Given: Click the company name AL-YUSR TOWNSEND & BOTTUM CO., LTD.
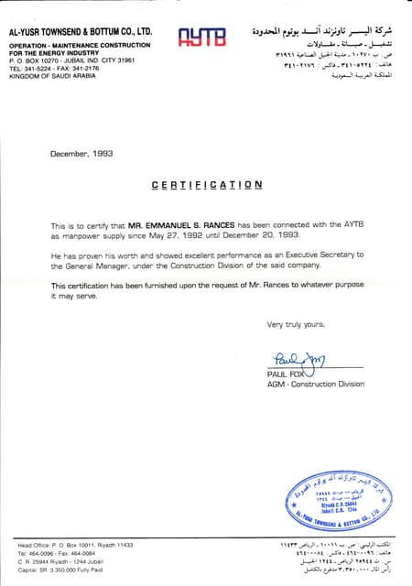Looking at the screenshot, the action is point(80,31).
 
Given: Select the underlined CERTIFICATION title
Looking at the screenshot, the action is point(206,185).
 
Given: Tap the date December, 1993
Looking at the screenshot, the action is point(81,154).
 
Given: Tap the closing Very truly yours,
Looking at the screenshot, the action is point(296,325).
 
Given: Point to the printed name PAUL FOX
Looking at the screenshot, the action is point(286,374).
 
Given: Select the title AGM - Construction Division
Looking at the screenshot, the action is point(315,385).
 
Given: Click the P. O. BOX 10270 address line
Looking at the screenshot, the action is point(71,60).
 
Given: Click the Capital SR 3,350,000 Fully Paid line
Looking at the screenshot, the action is point(60,570).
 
